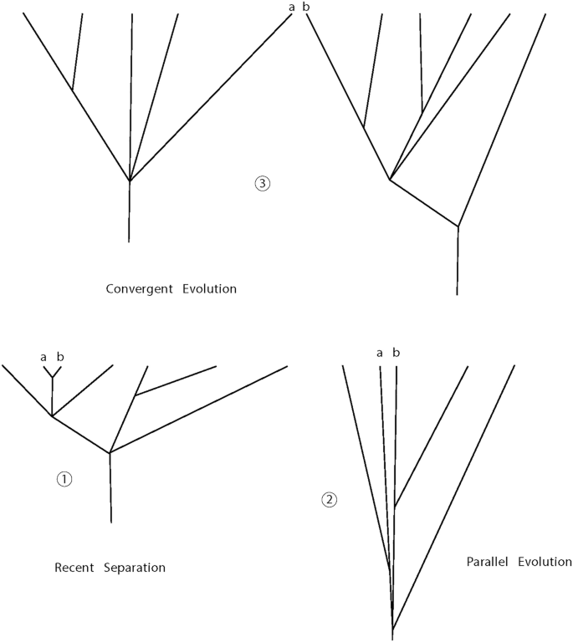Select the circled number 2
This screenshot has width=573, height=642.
coord(330,500)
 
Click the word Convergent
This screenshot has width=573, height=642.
coord(138,289)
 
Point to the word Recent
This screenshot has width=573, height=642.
coord(74,568)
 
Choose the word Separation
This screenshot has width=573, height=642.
coord(135,568)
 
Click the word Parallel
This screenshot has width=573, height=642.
coord(487,562)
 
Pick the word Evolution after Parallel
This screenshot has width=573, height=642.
coord(545,562)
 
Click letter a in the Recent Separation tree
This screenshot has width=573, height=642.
coord(43,357)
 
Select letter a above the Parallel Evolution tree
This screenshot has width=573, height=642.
coord(380,353)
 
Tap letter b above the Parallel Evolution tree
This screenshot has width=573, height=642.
coord(396,352)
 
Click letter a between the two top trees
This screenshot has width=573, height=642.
coord(292,8)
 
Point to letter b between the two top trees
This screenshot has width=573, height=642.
coord(305,7)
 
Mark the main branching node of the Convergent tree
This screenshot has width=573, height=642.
coord(130,181)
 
